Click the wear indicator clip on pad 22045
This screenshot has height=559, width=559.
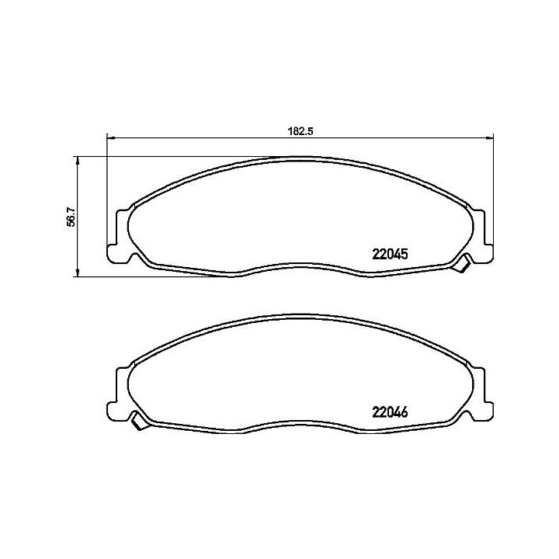462,264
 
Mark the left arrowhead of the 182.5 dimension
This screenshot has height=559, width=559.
109,138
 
